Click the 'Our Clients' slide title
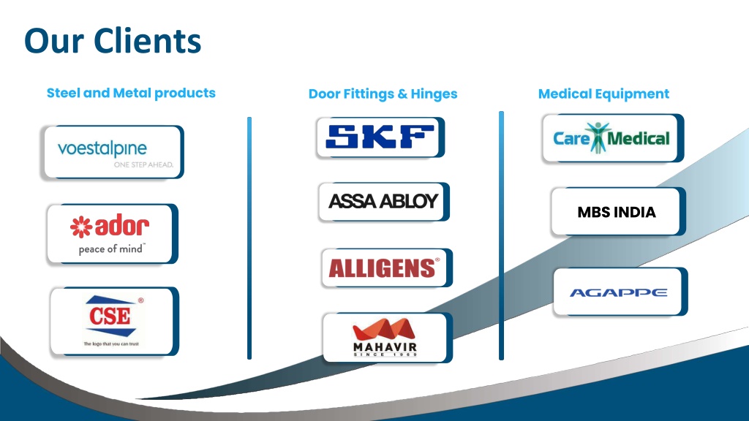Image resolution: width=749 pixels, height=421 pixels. click(113, 41)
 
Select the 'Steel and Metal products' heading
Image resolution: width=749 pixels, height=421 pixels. click(131, 93)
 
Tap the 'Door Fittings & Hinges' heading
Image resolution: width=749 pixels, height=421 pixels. click(383, 94)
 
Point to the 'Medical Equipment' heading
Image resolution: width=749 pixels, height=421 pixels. click(603, 94)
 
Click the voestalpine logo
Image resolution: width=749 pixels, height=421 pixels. click(102, 149)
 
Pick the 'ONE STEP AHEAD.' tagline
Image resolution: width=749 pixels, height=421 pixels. click(143, 164)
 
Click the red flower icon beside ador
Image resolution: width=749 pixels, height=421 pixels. click(81, 227)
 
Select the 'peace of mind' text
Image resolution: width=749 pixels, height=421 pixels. click(111, 249)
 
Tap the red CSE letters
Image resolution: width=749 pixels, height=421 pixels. click(110, 316)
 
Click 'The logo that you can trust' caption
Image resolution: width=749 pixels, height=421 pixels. click(111, 344)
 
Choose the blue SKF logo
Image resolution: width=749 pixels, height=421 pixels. click(380, 137)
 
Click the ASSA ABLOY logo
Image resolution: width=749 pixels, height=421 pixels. click(383, 201)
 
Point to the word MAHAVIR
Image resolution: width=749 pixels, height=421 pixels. click(385, 347)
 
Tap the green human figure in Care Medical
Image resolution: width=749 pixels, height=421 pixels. click(598, 138)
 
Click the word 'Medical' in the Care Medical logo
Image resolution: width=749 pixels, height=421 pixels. click(638, 138)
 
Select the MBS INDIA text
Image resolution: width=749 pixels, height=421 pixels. click(616, 212)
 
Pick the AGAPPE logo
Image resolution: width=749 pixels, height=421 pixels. click(619, 292)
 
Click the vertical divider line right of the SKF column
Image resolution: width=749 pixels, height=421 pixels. click(501, 236)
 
